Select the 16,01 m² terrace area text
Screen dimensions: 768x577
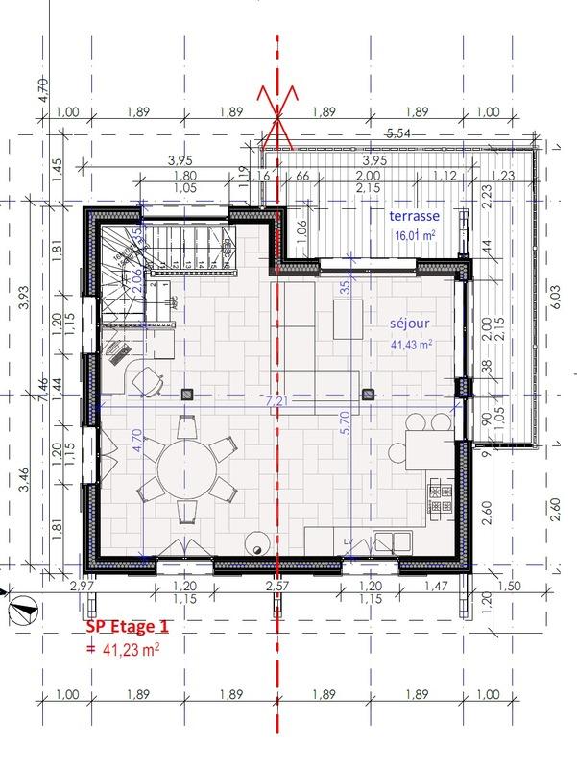click(x=414, y=234)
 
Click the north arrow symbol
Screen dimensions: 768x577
click(x=23, y=606)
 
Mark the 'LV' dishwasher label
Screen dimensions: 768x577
click(x=349, y=543)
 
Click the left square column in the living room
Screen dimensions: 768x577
click(x=187, y=392)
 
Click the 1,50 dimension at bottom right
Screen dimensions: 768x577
click(x=510, y=585)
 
